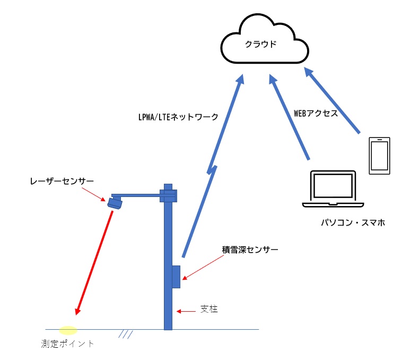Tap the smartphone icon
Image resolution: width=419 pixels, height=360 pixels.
(379, 156)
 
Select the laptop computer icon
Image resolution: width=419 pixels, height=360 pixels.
(333, 190)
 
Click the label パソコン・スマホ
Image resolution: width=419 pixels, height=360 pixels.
(352, 224)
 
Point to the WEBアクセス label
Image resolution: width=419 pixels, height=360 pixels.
(316, 113)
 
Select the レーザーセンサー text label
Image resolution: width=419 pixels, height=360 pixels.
(62, 182)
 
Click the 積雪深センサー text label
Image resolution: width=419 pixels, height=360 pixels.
(250, 248)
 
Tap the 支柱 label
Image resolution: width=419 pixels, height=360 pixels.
(208, 309)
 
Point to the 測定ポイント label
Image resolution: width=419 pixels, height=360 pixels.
(67, 344)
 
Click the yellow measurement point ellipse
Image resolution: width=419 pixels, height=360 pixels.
(67, 330)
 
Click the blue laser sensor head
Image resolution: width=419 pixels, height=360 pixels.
(115, 202)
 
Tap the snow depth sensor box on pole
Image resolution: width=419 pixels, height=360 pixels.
(176, 277)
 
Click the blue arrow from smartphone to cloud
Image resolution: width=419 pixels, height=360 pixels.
(334, 102)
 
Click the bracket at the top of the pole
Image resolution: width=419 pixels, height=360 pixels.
(168, 195)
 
